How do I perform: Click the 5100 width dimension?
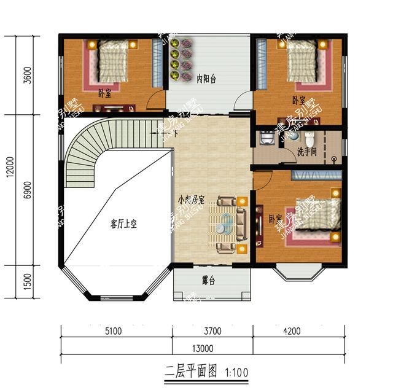click(112, 332)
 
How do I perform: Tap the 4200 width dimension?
click(292, 332)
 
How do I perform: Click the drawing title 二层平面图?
click(192, 371)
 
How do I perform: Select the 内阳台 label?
click(206, 79)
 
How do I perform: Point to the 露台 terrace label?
click(208, 281)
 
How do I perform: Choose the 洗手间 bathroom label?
click(307, 151)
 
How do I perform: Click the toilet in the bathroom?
click(310, 138)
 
